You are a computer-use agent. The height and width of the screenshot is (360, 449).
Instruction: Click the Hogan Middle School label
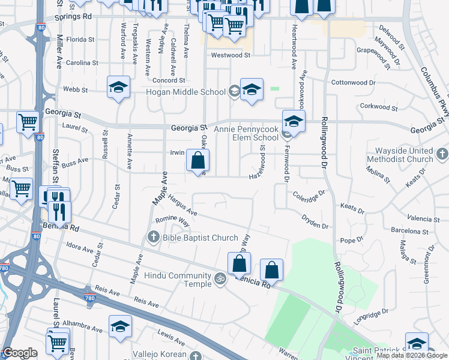[186, 92]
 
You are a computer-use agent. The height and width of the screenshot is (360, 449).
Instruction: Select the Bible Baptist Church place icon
[153, 238]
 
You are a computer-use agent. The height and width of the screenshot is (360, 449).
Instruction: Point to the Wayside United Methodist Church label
[403, 155]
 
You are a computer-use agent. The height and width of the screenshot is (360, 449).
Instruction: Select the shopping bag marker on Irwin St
[197, 161]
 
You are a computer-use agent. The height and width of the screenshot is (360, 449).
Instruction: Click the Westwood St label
[231, 55]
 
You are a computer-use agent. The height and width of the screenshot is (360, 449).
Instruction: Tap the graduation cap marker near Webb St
[118, 88]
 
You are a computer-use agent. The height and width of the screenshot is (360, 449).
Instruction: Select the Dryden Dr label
[315, 221]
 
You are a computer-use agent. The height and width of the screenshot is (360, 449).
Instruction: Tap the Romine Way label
[173, 221]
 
